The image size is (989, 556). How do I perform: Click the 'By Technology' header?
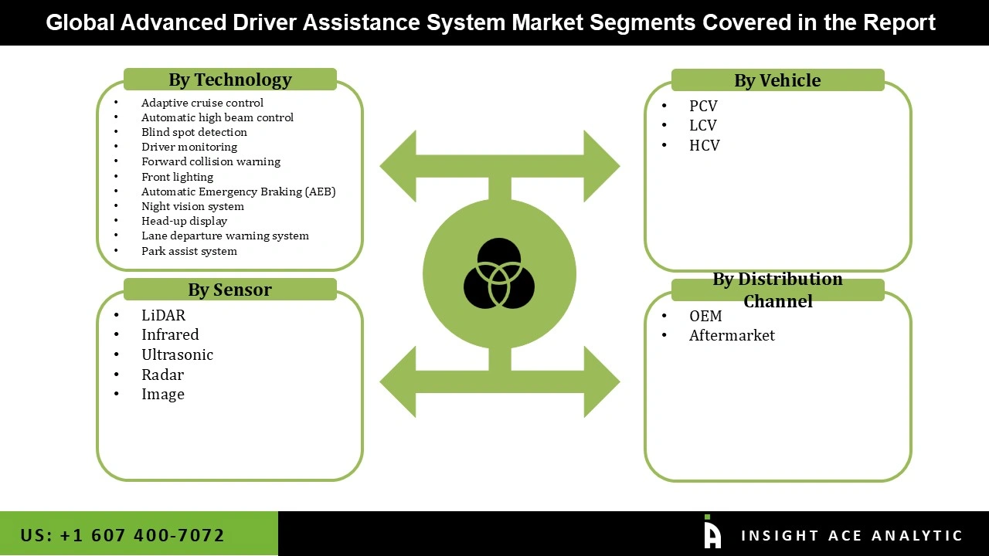(230, 80)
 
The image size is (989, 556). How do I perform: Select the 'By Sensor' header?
(230, 290)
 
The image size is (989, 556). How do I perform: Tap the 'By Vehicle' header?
(777, 80)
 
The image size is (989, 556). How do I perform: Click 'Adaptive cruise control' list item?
(202, 103)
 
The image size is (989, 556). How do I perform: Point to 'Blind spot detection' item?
(194, 132)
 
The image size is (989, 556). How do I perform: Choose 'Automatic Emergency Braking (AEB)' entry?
(238, 192)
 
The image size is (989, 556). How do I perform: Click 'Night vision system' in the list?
(192, 206)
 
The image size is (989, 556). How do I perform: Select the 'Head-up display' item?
(184, 221)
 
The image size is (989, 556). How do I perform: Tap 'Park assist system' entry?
(189, 251)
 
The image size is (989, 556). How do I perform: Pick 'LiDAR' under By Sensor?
(163, 315)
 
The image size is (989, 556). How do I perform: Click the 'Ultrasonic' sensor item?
(177, 354)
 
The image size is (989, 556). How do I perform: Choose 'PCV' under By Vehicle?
(703, 106)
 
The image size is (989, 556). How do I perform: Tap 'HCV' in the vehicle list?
(704, 145)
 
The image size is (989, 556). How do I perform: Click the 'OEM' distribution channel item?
(705, 316)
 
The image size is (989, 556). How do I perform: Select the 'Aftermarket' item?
(732, 335)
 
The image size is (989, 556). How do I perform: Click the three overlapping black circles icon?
(499, 273)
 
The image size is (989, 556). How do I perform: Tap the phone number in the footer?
(123, 535)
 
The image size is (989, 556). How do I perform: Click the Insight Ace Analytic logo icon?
(712, 533)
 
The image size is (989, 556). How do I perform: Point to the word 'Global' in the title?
(80, 22)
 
